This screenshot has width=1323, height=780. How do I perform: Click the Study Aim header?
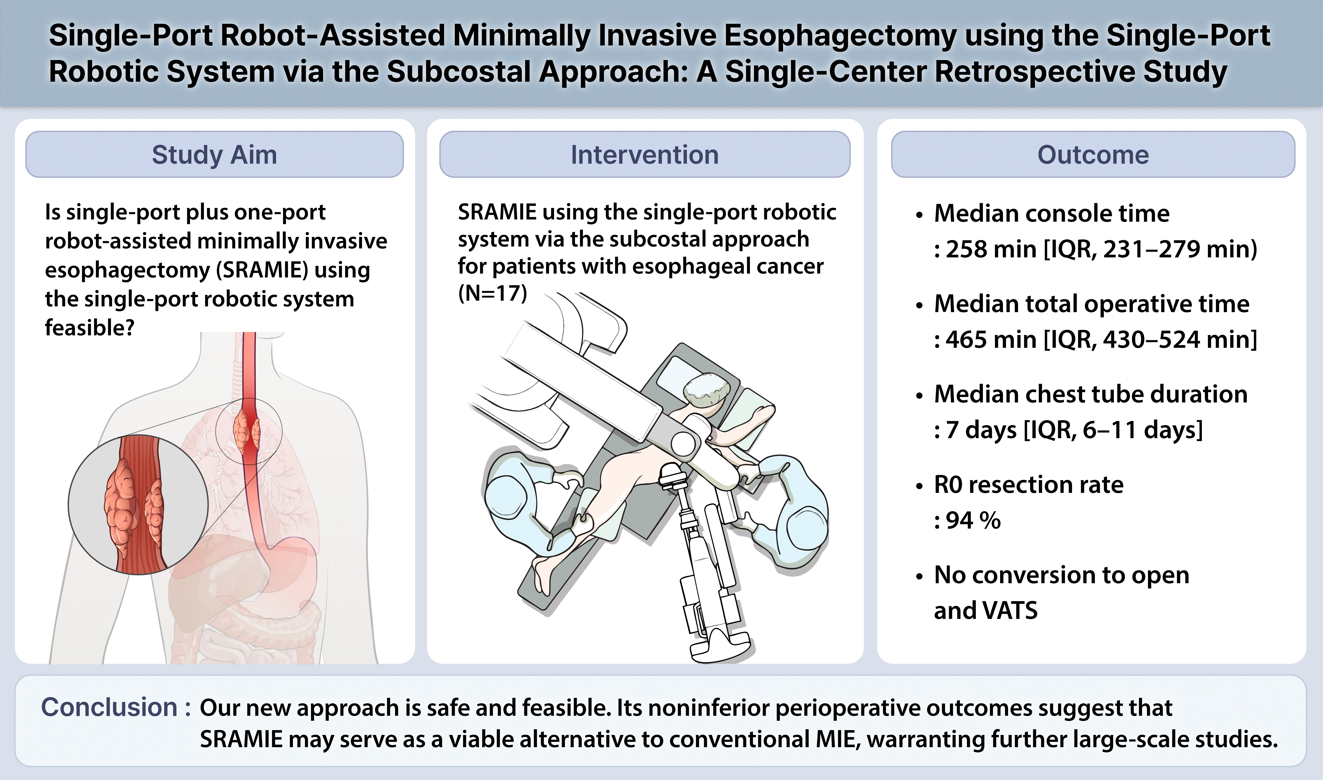click(x=214, y=155)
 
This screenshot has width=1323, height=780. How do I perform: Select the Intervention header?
click(x=645, y=155)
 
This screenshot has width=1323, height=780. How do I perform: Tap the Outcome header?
click(x=1093, y=155)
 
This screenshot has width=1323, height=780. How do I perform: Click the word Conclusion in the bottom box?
click(x=109, y=708)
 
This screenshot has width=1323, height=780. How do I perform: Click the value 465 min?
click(x=991, y=339)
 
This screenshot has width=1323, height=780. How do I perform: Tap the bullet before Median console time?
click(x=919, y=215)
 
